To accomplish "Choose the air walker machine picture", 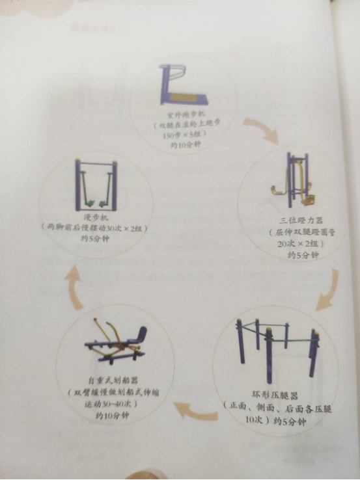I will coord(96,184).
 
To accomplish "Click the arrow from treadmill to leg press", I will coord(261,129).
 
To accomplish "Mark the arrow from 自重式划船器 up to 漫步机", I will coord(74,287).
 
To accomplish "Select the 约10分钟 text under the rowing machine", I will coord(112,415).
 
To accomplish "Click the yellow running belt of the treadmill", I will coord(186,95).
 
